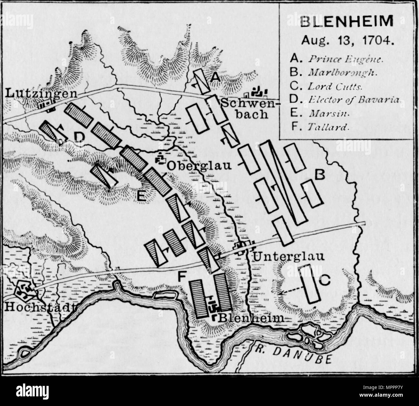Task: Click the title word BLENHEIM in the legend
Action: tap(346, 22)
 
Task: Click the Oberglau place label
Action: tap(200, 165)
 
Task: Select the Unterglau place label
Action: tap(288, 257)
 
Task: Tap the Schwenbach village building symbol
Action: tap(257, 93)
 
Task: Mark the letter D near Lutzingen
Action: tap(79, 137)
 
